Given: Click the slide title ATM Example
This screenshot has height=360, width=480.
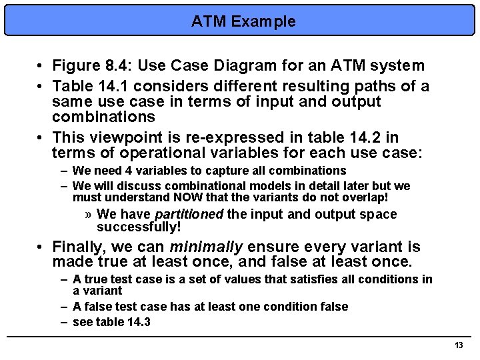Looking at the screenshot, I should coord(243,21).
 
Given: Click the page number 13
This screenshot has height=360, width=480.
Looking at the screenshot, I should coord(458,345).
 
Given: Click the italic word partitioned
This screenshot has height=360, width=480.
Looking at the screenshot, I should coord(189,214).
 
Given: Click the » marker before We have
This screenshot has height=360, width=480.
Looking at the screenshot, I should coord(89,214).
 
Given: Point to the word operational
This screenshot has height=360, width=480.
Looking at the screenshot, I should coord(137,153).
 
